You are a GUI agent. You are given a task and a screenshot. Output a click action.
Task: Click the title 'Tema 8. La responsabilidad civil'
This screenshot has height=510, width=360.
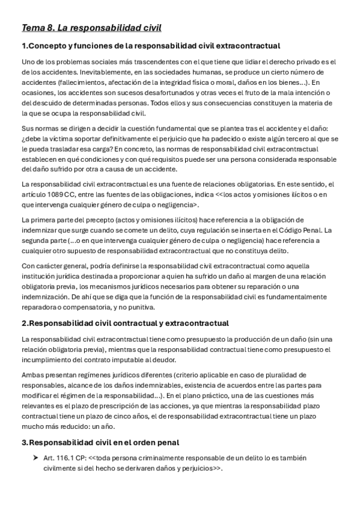(91, 28)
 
